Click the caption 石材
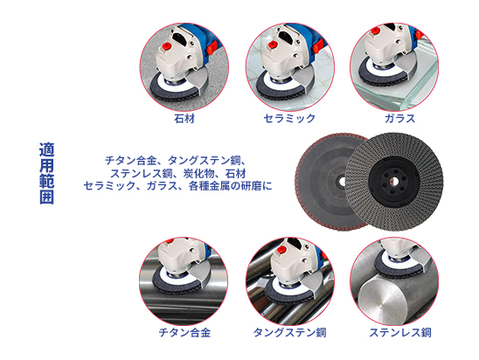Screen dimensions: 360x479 pos(184,116)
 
